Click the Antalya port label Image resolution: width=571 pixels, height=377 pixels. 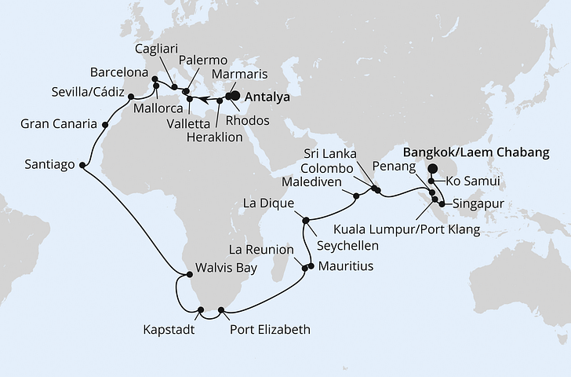point(267,98)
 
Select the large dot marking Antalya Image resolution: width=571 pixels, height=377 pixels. point(232,97)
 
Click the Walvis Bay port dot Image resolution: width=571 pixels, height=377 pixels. point(189,274)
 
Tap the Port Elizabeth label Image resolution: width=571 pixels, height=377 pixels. point(270,330)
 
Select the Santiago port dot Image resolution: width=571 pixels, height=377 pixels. point(84,166)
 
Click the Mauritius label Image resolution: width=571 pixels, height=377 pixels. point(346,266)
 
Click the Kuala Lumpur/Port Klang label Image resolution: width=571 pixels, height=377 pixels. point(406,230)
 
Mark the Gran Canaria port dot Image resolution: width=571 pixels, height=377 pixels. point(105,124)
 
